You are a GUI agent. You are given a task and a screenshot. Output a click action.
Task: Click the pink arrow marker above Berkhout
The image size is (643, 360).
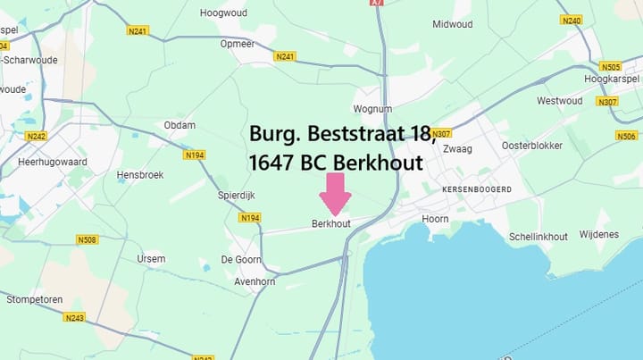337,192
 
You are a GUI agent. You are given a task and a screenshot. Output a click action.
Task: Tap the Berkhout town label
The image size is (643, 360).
330,223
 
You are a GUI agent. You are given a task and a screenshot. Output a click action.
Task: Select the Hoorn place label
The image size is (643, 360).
435,218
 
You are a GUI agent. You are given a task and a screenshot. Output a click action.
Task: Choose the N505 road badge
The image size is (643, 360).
611,67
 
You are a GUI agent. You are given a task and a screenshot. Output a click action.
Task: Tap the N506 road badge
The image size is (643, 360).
626,136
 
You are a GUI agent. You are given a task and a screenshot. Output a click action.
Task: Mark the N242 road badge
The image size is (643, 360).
36,137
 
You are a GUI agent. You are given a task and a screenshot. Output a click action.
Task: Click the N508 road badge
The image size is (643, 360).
87,239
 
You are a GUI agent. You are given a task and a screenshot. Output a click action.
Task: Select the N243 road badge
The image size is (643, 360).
75,317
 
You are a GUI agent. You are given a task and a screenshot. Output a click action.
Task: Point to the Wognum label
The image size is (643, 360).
372,109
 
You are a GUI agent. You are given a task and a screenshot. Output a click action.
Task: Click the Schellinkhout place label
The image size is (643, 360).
538,236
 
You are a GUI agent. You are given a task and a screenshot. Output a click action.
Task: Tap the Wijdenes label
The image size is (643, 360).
598,234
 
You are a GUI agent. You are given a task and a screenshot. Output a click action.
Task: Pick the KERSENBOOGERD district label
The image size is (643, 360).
477,189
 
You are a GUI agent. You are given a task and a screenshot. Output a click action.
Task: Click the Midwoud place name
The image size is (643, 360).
452,24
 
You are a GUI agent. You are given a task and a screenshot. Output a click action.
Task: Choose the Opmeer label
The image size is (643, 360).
238,43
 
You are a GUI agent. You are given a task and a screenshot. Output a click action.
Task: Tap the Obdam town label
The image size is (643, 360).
180,125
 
